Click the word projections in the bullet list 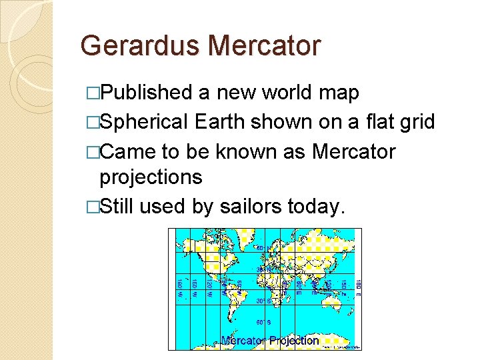[x=151, y=177]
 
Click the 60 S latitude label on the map [x=265, y=324]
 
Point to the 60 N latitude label [x=265, y=249]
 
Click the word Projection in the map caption [x=294, y=341]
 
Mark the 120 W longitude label [x=209, y=286]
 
